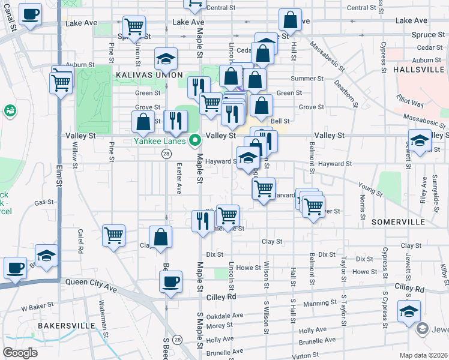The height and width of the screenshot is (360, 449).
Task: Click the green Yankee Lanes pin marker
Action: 194,142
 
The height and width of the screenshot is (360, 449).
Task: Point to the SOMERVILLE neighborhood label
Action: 398,222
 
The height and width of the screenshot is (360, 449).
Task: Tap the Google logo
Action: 20,352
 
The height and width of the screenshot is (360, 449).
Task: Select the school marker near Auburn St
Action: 166,59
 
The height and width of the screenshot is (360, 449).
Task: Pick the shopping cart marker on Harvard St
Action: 264,188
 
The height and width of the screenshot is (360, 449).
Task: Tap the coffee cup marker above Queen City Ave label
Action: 171,281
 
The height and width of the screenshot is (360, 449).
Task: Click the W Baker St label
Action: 34,308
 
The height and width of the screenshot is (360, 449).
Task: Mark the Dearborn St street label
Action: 346,94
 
